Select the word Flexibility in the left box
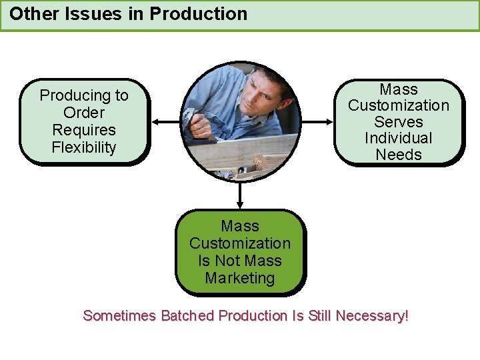(x=84, y=147)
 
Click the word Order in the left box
(x=84, y=113)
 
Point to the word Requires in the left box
(x=84, y=130)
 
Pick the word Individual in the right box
(x=399, y=138)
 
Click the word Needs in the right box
(x=399, y=155)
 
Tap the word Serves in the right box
(x=399, y=121)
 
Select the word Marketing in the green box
(x=240, y=278)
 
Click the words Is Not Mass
(x=240, y=261)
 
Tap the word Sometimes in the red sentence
(x=119, y=315)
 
